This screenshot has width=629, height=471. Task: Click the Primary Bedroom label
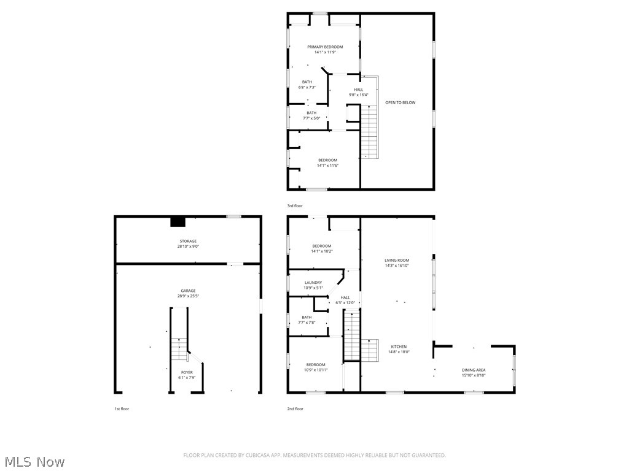[325, 47]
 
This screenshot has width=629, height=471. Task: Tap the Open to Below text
[400, 102]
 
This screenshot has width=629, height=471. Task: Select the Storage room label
[188, 241]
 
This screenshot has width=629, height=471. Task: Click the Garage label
[188, 291]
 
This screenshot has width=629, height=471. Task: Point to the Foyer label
[187, 372]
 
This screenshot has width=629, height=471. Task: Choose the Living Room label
[396, 260]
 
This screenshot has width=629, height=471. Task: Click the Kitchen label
[399, 347]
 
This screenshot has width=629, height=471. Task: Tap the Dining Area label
[474, 370]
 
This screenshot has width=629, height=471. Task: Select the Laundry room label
[313, 283]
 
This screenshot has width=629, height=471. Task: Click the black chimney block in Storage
[178, 222]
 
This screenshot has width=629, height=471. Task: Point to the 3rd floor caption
[295, 206]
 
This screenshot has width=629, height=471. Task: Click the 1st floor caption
[122, 408]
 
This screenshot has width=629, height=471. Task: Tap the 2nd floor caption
[295, 408]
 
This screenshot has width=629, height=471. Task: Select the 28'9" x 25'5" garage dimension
[188, 296]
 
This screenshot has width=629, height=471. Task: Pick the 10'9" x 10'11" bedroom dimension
[316, 370]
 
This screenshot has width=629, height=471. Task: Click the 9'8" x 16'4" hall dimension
[358, 95]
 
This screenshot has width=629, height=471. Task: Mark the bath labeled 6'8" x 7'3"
[307, 87]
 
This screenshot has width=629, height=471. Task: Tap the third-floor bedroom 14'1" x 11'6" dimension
[327, 166]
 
